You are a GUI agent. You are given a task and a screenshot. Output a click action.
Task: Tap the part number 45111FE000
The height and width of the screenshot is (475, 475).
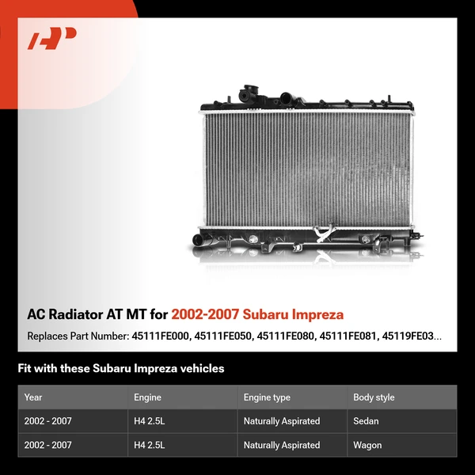click(x=161, y=336)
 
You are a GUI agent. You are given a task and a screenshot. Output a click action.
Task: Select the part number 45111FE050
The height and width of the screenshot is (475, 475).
click(x=225, y=336)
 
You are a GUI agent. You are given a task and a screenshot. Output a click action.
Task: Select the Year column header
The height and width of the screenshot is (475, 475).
click(x=33, y=397)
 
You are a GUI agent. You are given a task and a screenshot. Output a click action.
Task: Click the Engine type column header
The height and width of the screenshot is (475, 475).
click(x=267, y=397)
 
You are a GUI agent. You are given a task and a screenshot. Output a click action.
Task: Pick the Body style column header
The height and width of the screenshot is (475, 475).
click(x=374, y=397)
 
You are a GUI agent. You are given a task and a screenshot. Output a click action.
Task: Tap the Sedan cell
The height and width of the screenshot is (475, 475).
click(x=366, y=421)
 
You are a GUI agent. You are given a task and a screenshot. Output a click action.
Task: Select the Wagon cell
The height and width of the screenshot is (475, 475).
click(x=367, y=445)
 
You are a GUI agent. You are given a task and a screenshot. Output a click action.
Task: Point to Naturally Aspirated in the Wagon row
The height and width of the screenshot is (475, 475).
click(x=282, y=445)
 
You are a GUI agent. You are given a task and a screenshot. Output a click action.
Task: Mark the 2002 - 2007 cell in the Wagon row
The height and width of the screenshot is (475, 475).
click(x=48, y=445)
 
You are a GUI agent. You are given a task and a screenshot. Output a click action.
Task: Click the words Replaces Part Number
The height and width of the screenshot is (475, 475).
click(x=76, y=336)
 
